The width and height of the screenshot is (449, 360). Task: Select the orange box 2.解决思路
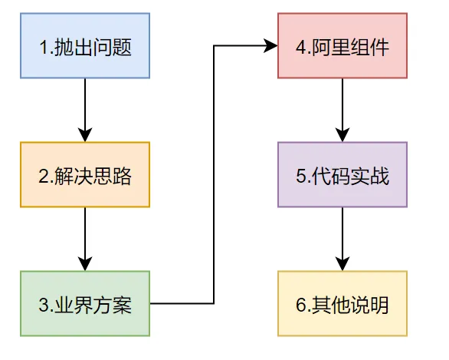coord(84,176)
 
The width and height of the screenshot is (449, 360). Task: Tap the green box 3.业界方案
coord(84,304)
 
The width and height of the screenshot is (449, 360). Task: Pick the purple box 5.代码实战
coord(342,176)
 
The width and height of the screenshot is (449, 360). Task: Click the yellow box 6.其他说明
coord(342,304)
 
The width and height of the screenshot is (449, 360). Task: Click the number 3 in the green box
coord(43,305)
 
